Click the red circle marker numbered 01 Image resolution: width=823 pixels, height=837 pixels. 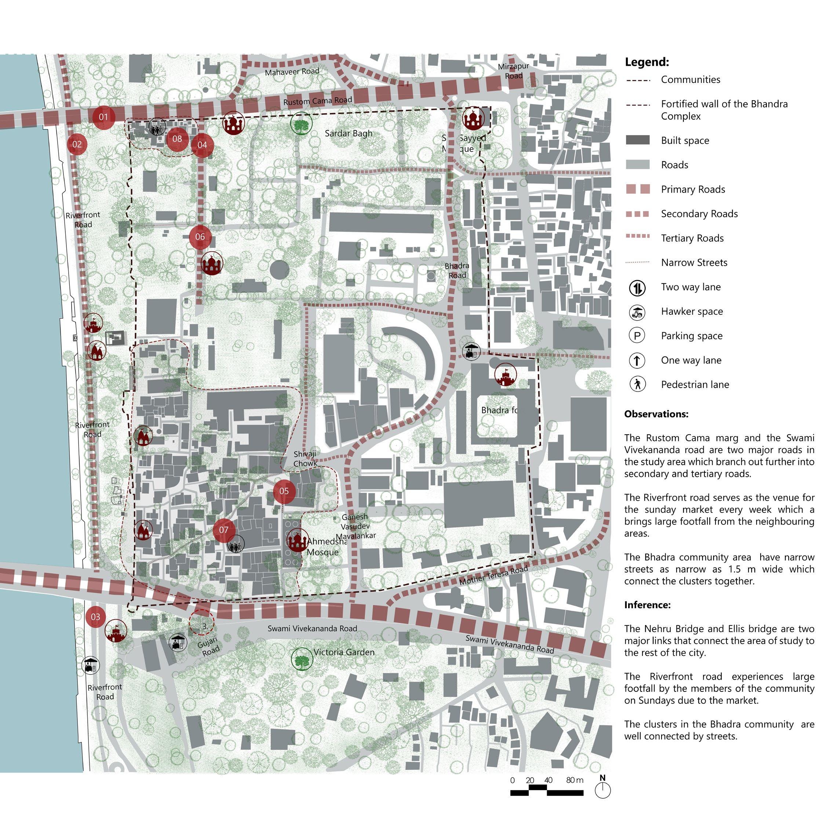(x=103, y=117)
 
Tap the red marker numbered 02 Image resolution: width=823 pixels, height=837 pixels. (x=77, y=144)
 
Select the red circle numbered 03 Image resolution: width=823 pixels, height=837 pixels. (x=95, y=617)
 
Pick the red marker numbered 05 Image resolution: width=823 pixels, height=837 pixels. (x=284, y=491)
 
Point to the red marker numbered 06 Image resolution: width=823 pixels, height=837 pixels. (x=200, y=236)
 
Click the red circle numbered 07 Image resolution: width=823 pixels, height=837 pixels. (x=224, y=530)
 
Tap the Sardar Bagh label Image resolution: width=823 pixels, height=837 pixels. (x=349, y=134)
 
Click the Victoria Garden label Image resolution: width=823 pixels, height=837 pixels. (x=344, y=652)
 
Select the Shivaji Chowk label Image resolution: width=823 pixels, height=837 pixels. (x=305, y=459)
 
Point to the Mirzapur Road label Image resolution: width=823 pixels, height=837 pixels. (x=514, y=71)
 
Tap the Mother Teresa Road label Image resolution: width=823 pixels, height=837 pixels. (x=494, y=575)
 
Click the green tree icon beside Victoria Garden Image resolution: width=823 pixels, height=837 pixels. (x=302, y=659)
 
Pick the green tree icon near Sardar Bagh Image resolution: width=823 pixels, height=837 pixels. (x=301, y=123)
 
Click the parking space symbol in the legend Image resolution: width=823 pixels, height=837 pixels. (x=637, y=336)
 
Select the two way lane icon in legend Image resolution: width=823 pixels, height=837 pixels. (x=637, y=287)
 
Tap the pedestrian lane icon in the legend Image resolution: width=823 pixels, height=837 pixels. (x=637, y=384)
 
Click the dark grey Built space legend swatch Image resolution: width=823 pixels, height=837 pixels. (x=638, y=140)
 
